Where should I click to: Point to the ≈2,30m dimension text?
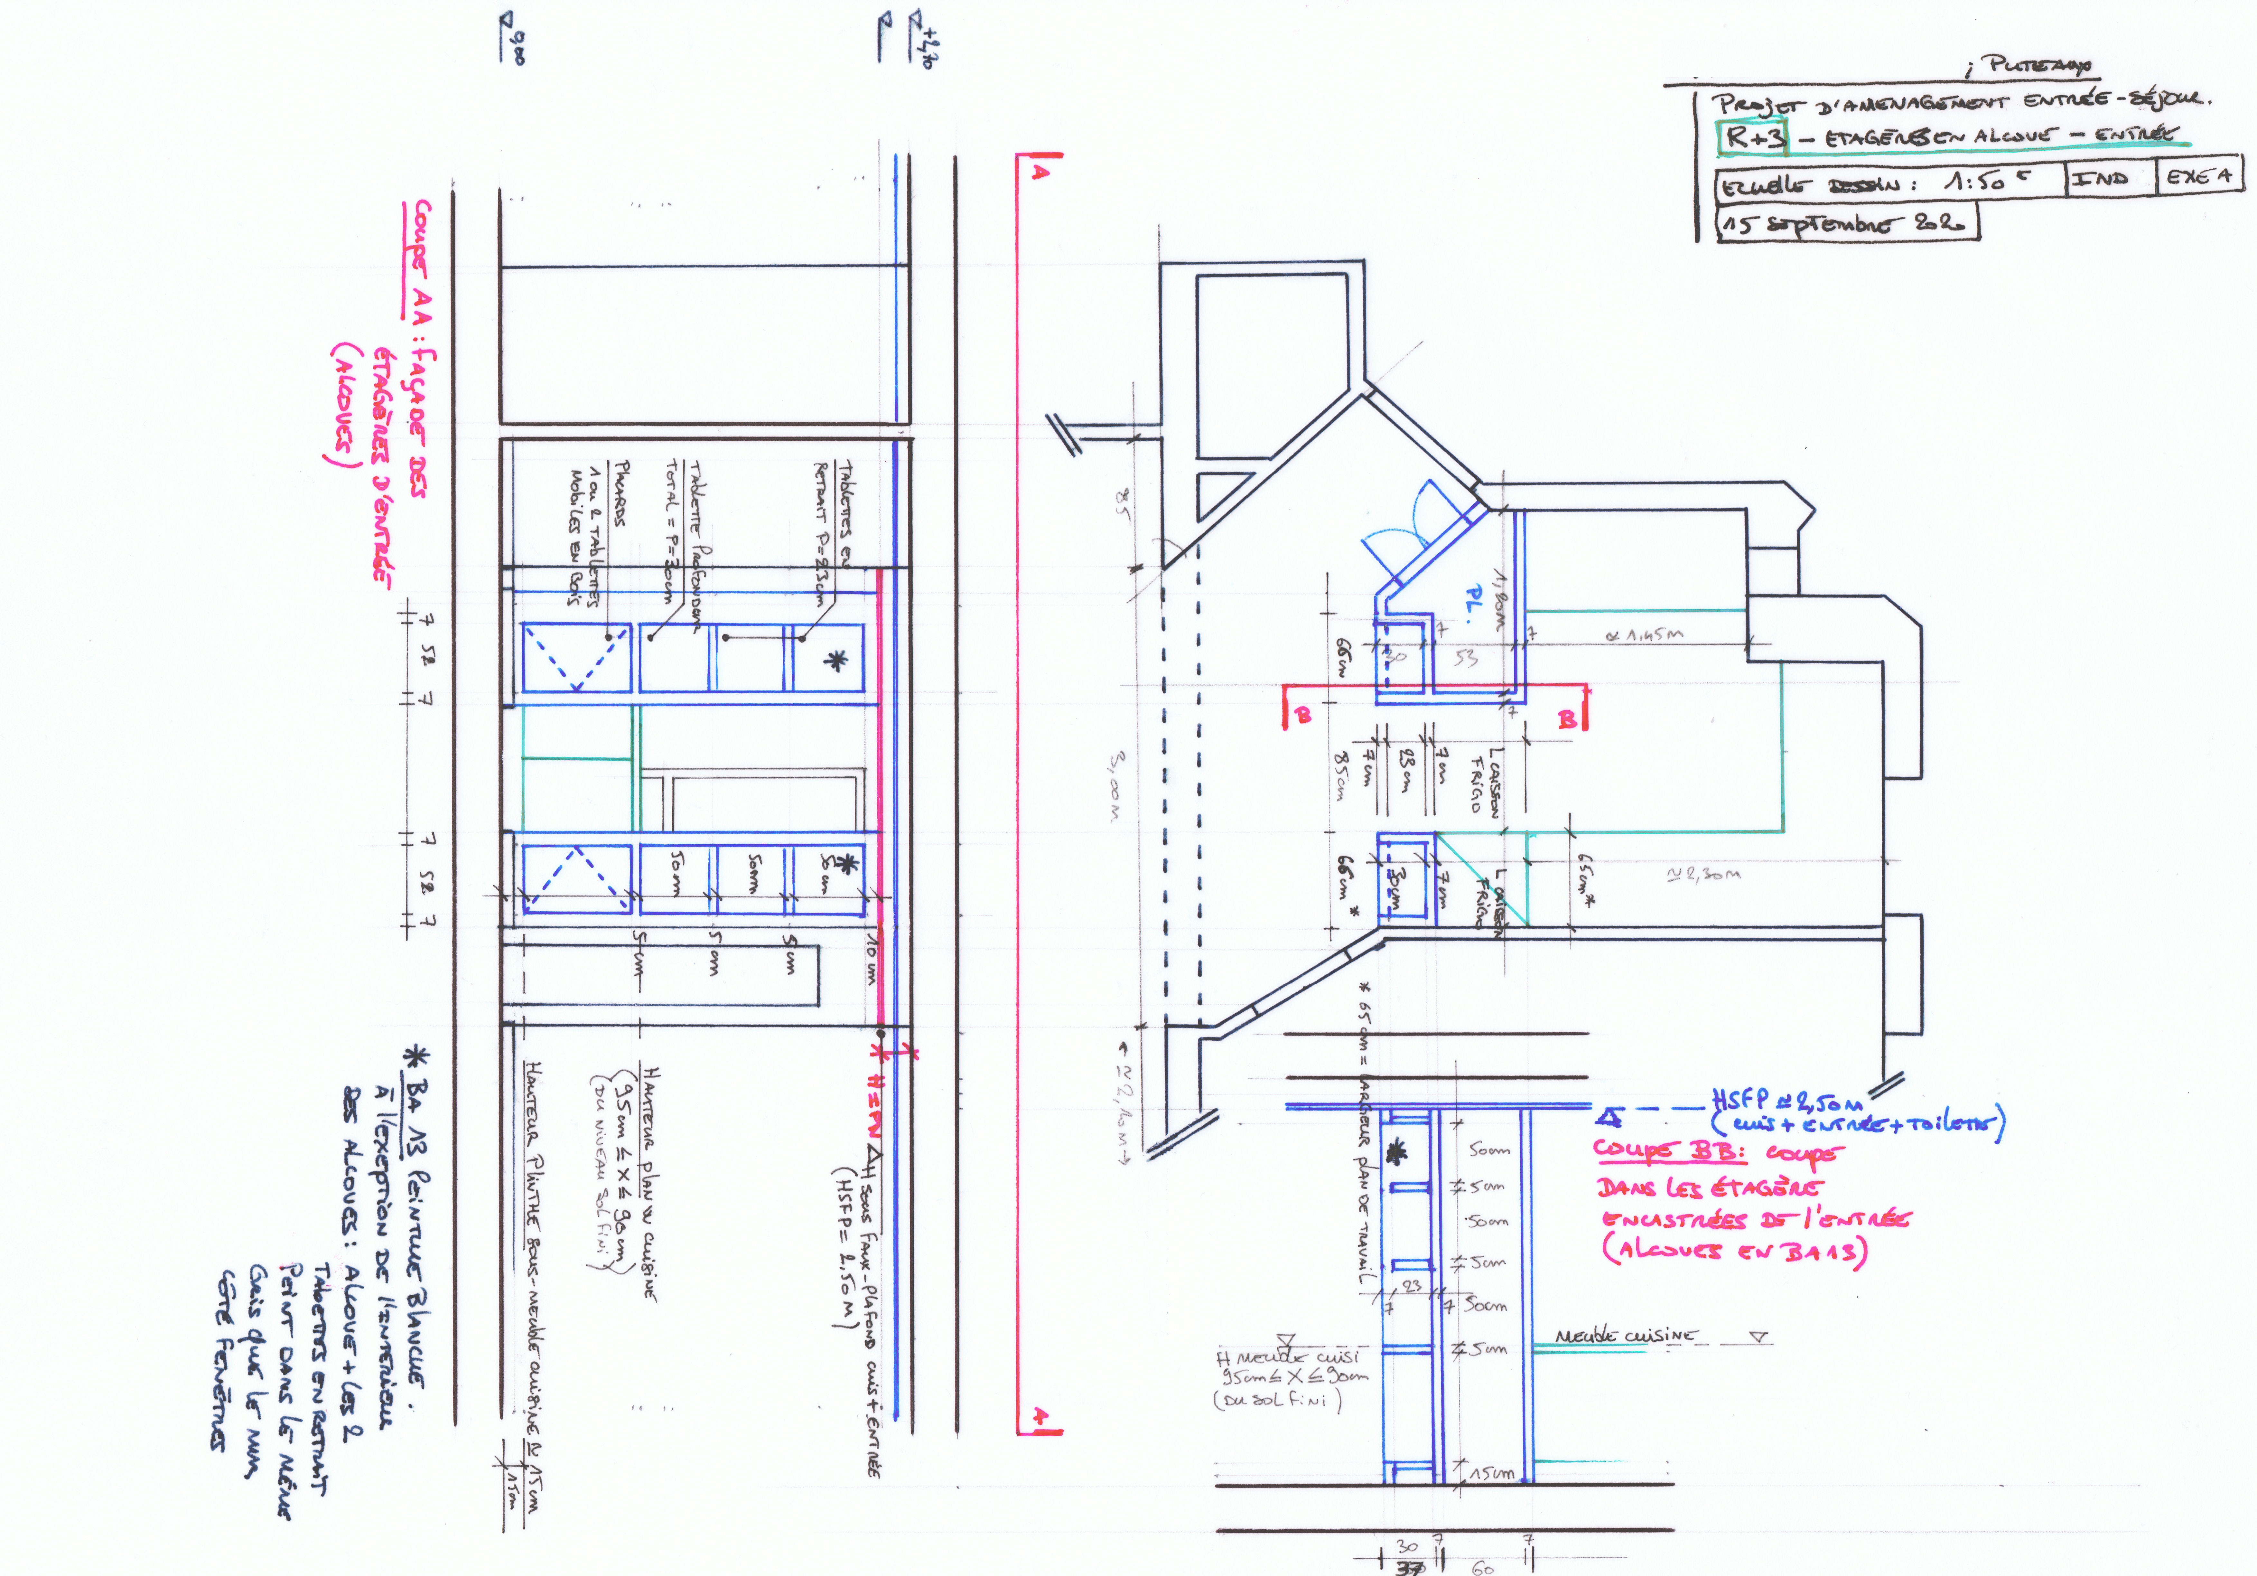[x=1702, y=873]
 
